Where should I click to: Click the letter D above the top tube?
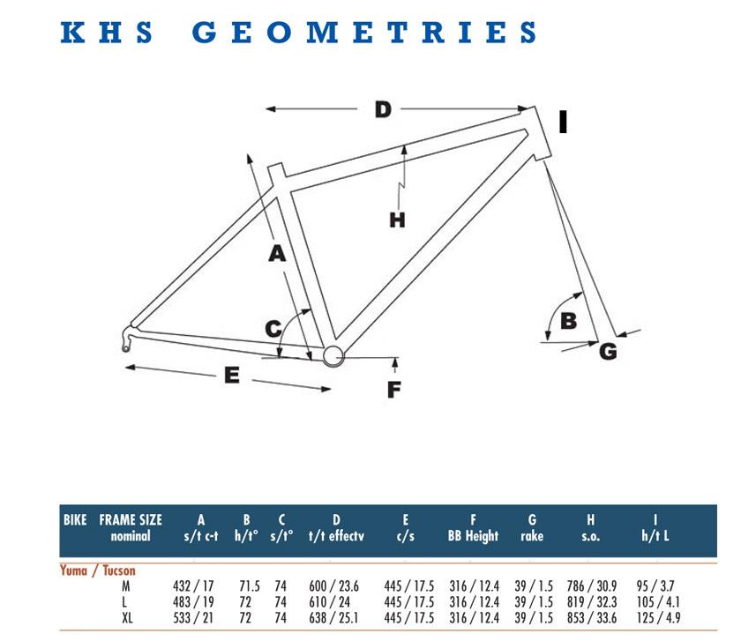click(x=383, y=109)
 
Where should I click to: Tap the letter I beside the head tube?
click(x=563, y=122)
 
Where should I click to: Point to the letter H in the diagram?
click(x=397, y=220)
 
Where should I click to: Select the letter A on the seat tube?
click(x=277, y=253)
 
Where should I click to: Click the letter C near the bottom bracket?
click(x=273, y=328)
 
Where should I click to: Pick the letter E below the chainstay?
click(x=231, y=375)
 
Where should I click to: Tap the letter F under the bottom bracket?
click(x=394, y=390)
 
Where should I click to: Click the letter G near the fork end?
click(x=608, y=352)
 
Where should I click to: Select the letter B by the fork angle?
click(x=568, y=321)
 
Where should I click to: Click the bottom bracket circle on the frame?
click(x=333, y=355)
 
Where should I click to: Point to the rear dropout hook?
click(x=127, y=339)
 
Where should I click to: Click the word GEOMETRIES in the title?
click(x=363, y=33)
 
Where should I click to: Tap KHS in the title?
click(x=107, y=33)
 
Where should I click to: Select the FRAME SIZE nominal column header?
click(x=131, y=527)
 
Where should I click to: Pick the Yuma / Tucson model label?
click(x=98, y=570)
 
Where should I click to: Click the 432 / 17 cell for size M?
click(x=193, y=586)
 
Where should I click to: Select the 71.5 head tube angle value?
click(x=250, y=586)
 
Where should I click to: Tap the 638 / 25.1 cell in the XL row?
click(x=333, y=618)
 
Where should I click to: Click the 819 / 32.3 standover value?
click(x=592, y=602)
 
